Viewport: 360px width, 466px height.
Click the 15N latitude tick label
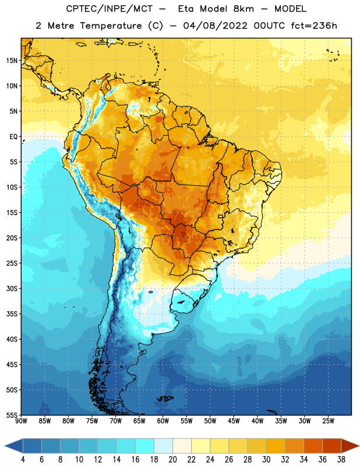(12, 61)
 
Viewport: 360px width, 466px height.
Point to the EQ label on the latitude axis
(13, 137)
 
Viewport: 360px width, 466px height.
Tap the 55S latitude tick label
(12, 415)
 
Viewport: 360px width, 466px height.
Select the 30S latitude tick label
(12, 288)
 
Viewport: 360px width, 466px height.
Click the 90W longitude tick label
(21, 421)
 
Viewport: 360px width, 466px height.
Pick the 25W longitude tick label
(328, 421)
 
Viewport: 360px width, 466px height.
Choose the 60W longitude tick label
(163, 421)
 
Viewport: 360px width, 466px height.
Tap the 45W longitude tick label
(234, 421)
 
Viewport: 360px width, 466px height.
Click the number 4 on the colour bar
(23, 460)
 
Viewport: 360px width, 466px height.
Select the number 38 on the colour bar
(341, 460)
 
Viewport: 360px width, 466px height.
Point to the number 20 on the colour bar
(172, 460)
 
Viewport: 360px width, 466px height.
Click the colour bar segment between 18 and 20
(163, 446)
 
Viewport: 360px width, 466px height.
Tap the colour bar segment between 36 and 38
(332, 446)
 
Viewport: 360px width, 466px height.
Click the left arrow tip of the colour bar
(5, 446)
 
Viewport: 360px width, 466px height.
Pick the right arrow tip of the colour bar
(359, 446)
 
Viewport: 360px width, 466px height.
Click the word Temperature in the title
(111, 26)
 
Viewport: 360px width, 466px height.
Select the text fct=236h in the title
(314, 26)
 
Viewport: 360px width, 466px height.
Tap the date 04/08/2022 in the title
(215, 26)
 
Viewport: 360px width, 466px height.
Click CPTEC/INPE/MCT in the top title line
(109, 9)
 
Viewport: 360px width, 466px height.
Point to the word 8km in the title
(243, 9)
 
